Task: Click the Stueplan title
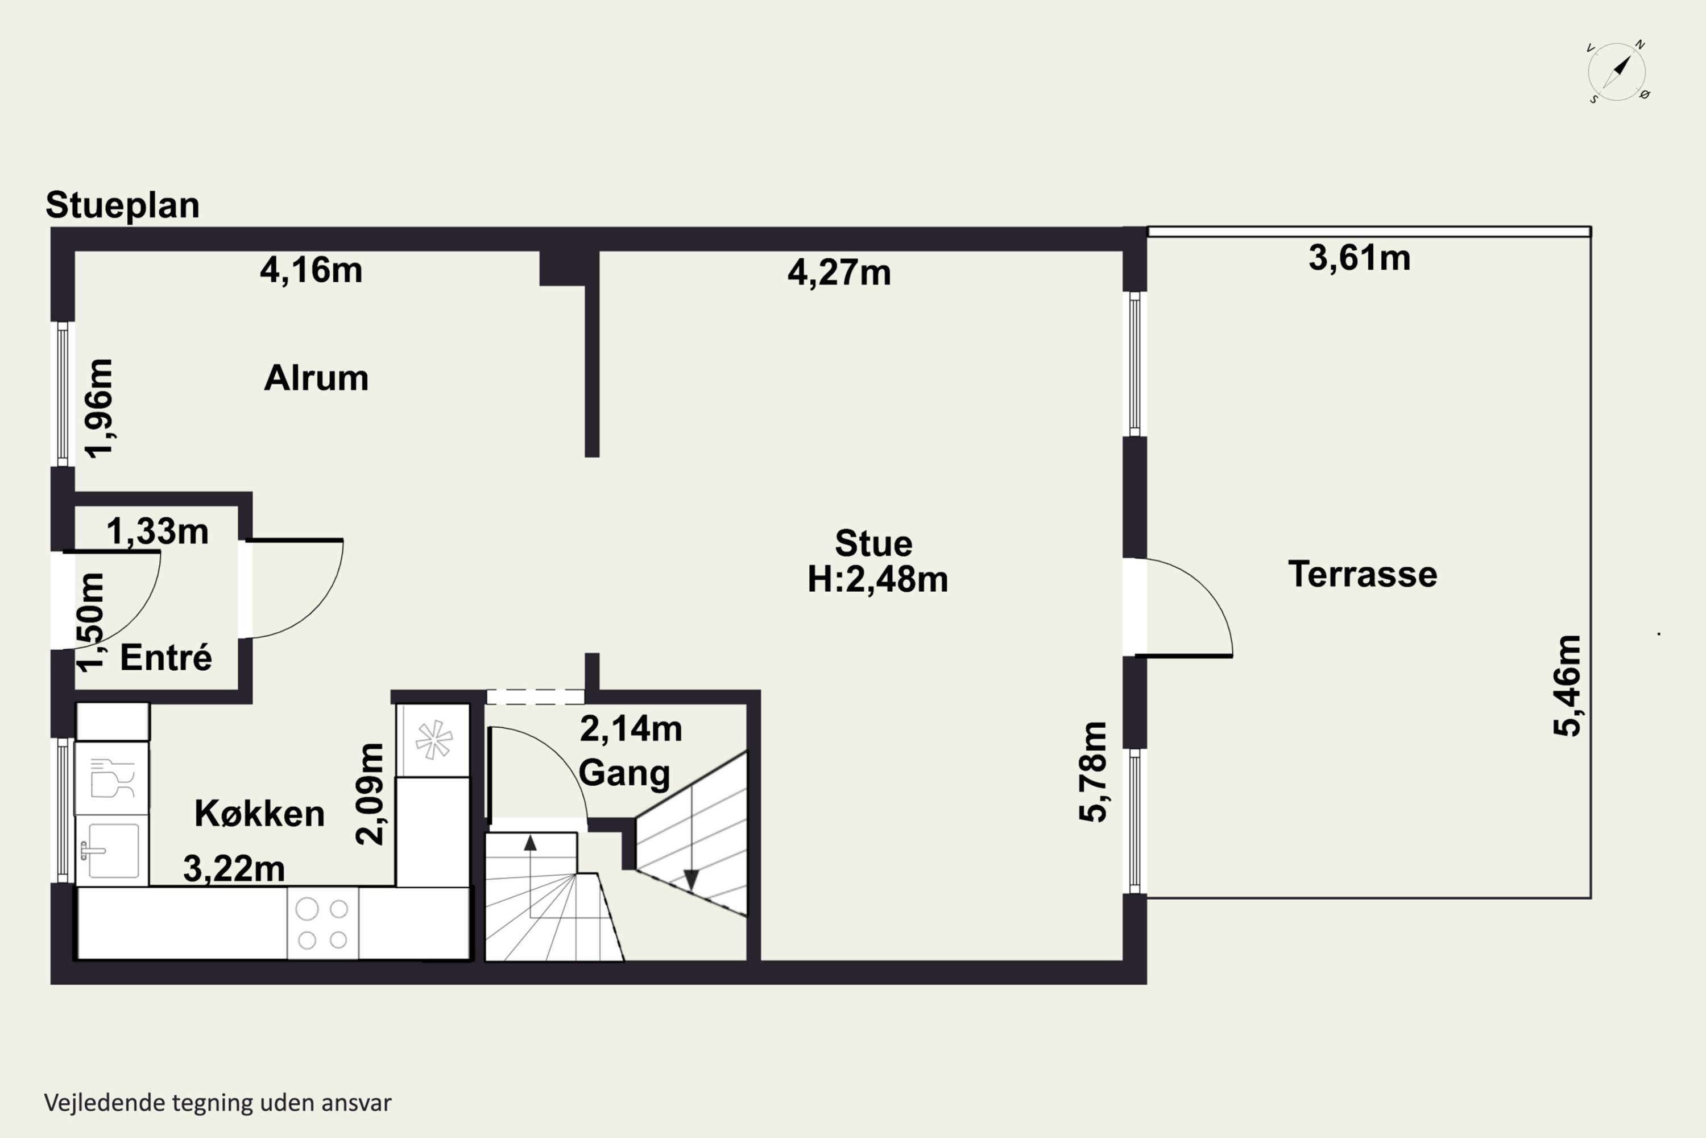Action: tap(123, 205)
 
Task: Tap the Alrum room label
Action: tap(316, 378)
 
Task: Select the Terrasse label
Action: tap(1362, 574)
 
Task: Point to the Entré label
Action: tap(166, 658)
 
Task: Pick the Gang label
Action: tap(624, 772)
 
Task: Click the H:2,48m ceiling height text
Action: tap(877, 580)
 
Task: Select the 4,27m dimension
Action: tap(839, 273)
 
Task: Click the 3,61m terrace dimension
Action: tap(1359, 258)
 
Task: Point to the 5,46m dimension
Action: tap(1567, 686)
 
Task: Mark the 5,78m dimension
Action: tap(1093, 772)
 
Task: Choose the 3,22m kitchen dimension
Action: tap(234, 869)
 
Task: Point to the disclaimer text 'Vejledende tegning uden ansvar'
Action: tap(218, 1103)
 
